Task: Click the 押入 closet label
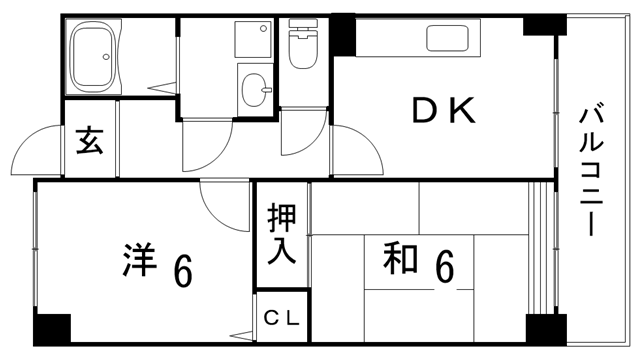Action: point(281,233)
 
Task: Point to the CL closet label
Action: point(282,320)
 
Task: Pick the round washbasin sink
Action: point(255,88)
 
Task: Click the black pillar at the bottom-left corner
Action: point(52,329)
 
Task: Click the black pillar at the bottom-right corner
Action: point(543,329)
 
